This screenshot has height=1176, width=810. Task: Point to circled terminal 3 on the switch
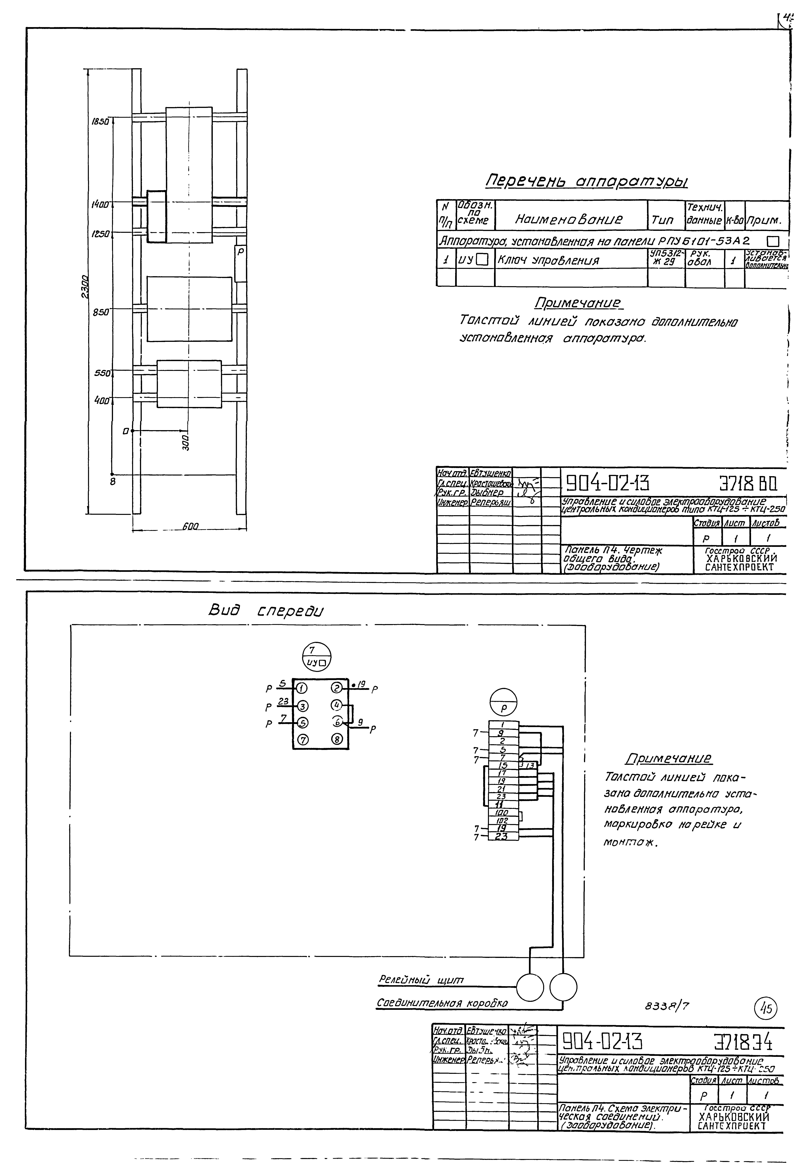(302, 706)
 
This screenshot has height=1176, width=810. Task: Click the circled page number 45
(765, 1009)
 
